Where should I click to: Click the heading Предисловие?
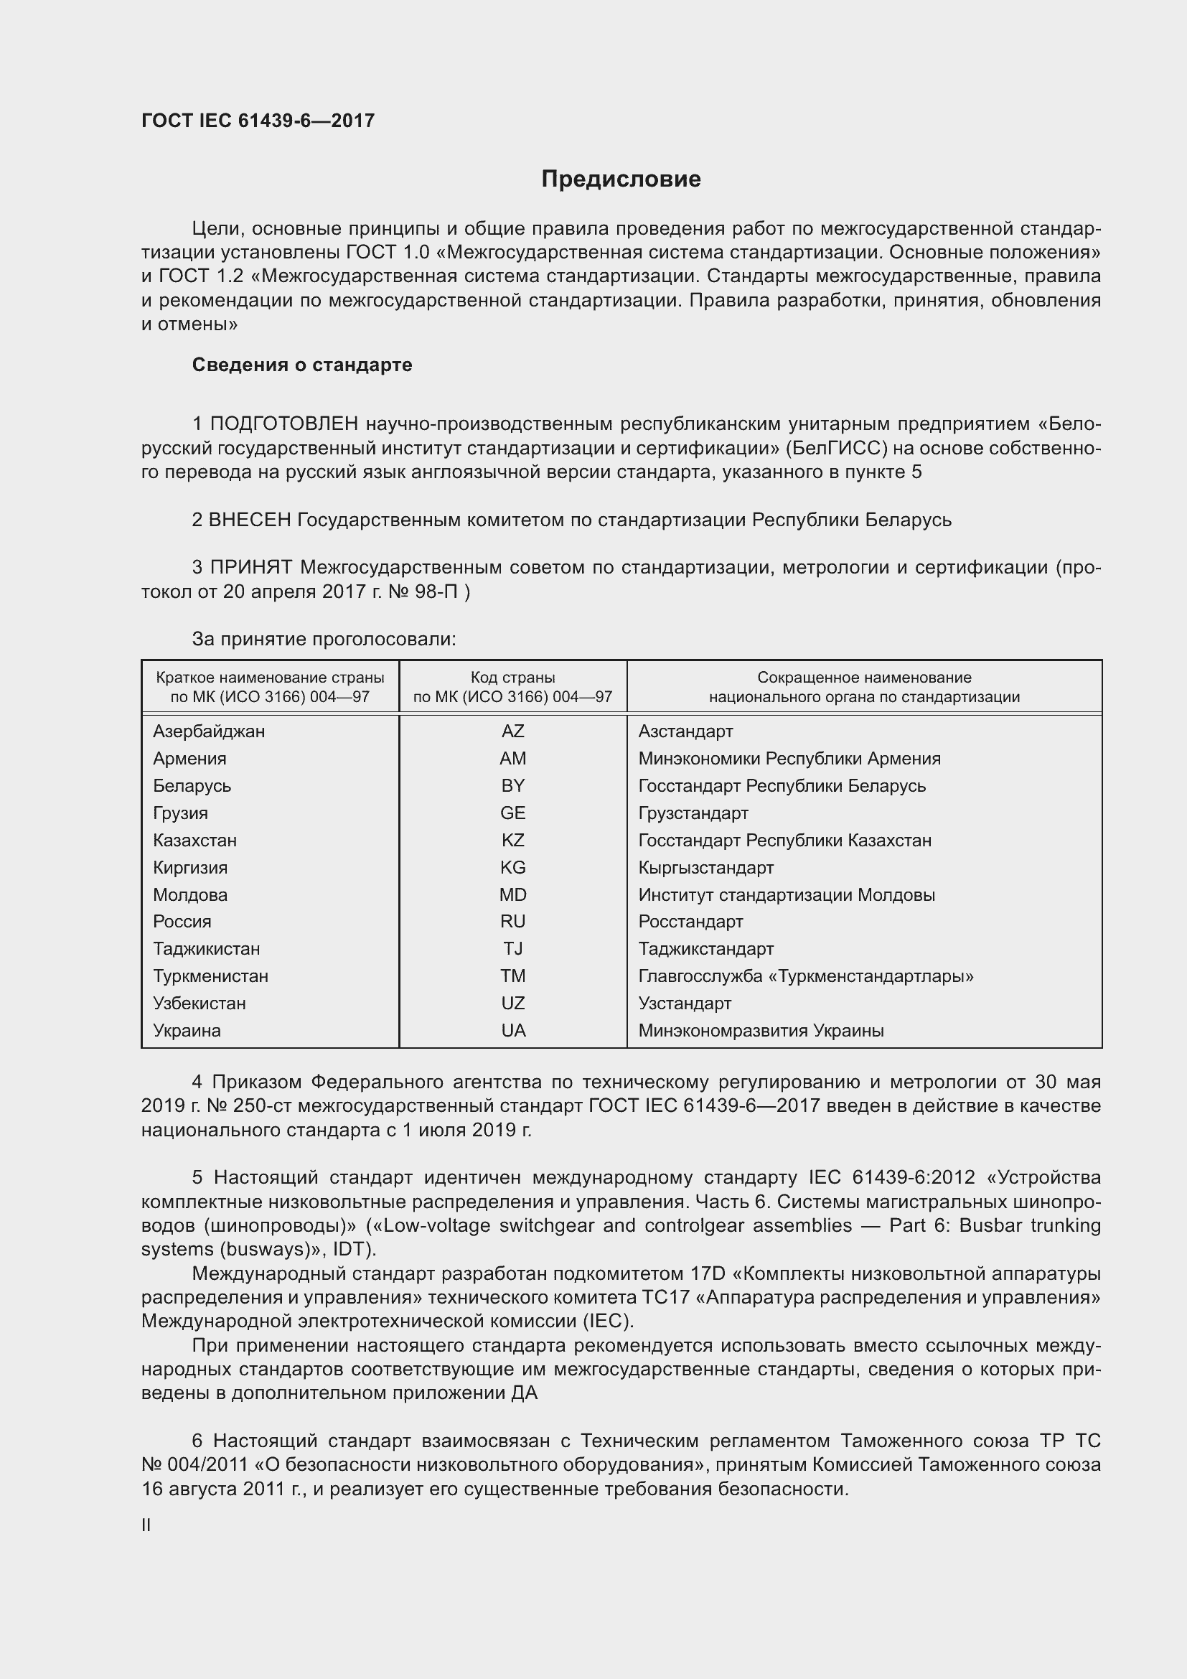(x=621, y=179)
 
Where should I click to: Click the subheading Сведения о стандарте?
(x=302, y=365)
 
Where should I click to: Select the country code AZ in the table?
(x=512, y=731)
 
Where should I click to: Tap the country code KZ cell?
(x=512, y=841)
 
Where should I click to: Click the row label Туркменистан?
(x=210, y=976)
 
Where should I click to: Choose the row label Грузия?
(x=181, y=813)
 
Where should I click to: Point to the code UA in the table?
(x=513, y=1030)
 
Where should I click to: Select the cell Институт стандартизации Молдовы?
(x=787, y=895)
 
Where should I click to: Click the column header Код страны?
(x=512, y=678)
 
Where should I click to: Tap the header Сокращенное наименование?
(x=864, y=678)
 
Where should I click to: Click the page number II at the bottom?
(x=146, y=1525)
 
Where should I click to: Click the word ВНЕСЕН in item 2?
(x=250, y=520)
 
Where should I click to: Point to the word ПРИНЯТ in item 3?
(x=251, y=568)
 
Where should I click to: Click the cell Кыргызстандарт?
(x=705, y=868)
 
